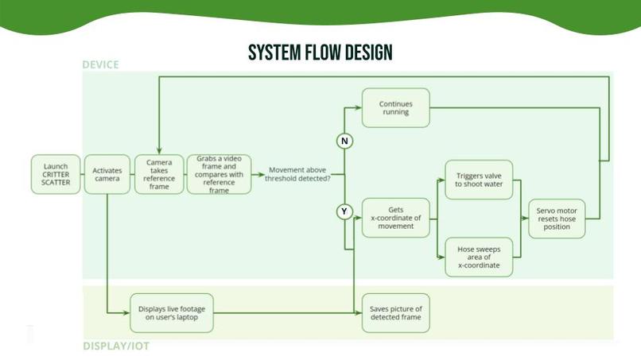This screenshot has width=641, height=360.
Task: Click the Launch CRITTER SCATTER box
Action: coord(56,174)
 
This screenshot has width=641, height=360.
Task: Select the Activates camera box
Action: coord(107,174)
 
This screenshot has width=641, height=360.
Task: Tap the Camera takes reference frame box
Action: coord(159,174)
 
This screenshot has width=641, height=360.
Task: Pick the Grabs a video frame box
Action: coord(219,174)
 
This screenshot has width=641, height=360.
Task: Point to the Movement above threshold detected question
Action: coord(299,174)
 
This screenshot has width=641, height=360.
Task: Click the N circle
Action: coord(345,141)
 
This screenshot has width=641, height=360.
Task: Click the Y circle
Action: coord(345,212)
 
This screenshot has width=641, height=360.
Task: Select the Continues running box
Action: coord(395,107)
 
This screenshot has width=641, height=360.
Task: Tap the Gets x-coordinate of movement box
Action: coord(395,218)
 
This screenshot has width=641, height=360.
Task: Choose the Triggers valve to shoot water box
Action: coord(479,180)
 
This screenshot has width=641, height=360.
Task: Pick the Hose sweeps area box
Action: coord(479,257)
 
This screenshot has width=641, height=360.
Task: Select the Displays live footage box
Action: coord(172,313)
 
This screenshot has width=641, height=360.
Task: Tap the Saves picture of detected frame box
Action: coord(395,313)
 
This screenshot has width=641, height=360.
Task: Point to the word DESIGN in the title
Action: coord(367,53)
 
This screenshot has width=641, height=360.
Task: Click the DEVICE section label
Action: coord(100,64)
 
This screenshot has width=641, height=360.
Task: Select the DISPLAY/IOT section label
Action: coord(116,346)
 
